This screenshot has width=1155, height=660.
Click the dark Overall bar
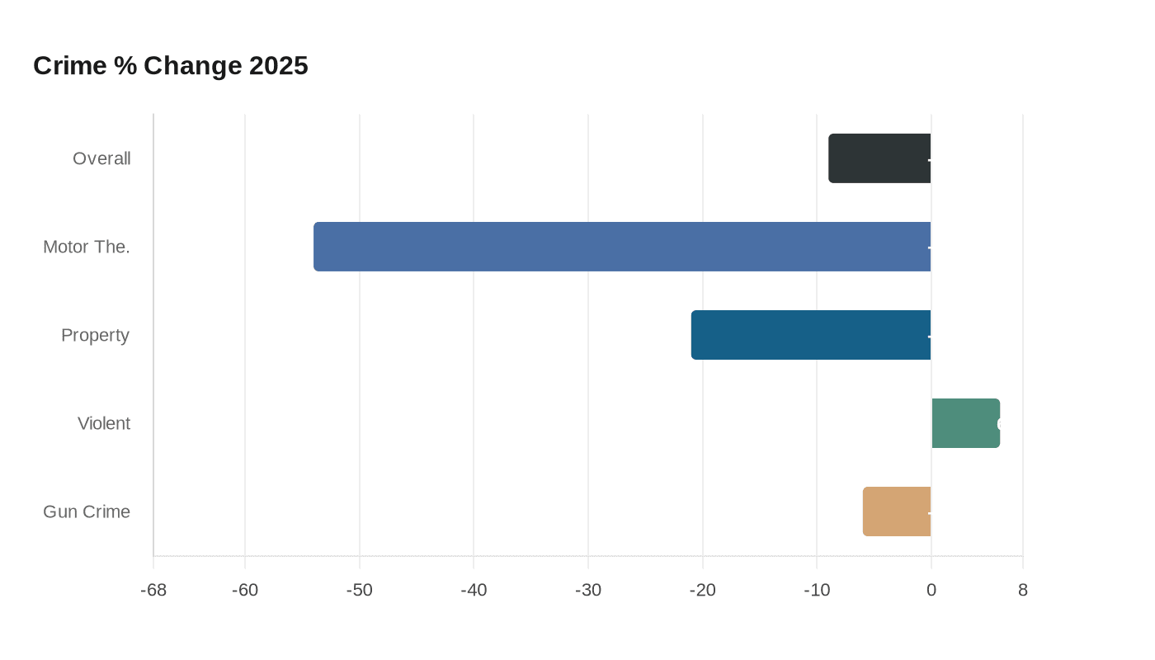879,158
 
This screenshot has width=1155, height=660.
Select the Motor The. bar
622,247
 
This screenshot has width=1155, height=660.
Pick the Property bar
811,335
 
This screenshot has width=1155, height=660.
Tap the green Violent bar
965,423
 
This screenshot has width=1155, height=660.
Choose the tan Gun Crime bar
897,511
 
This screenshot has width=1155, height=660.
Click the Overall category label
101,158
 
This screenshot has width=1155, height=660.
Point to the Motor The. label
87,247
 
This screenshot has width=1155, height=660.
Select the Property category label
95,335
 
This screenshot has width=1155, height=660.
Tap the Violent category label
104,423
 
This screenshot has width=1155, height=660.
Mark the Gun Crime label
87,511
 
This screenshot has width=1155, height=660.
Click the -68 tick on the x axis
153,591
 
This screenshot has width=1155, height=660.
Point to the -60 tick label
245,591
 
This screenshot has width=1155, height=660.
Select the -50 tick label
360,591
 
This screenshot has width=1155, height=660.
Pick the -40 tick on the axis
474,591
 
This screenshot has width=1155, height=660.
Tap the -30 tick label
588,591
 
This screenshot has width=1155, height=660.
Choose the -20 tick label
703,591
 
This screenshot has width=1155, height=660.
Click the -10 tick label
817,591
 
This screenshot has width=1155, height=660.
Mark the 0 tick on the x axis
931,591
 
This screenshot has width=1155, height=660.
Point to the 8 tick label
1023,591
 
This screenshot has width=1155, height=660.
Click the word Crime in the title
70,65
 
